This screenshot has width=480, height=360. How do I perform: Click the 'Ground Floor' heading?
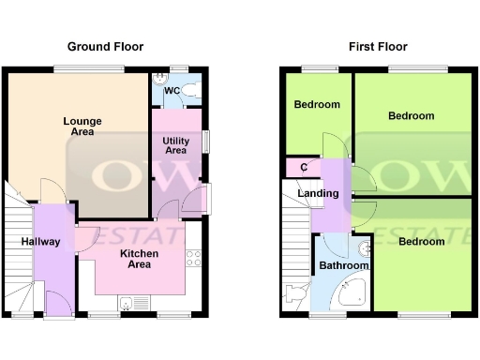[x=105, y=46]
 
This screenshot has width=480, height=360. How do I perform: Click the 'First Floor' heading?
[x=377, y=46]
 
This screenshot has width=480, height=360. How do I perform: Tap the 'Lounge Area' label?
[x=82, y=127]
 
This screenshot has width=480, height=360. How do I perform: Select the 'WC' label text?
[x=172, y=91]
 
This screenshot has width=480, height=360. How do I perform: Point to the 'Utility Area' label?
[x=175, y=144]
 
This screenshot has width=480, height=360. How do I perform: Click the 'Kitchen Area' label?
[x=139, y=259]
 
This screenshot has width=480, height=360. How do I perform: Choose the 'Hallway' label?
[x=40, y=242]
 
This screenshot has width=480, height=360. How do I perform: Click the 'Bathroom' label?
[x=343, y=266]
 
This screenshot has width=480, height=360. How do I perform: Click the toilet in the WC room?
[x=191, y=90]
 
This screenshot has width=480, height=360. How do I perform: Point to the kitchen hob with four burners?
[x=195, y=257]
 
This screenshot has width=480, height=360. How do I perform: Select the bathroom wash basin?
[x=366, y=249]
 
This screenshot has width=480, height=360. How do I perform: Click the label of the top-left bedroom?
[x=317, y=105]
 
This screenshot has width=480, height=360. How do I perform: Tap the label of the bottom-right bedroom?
[x=421, y=242]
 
